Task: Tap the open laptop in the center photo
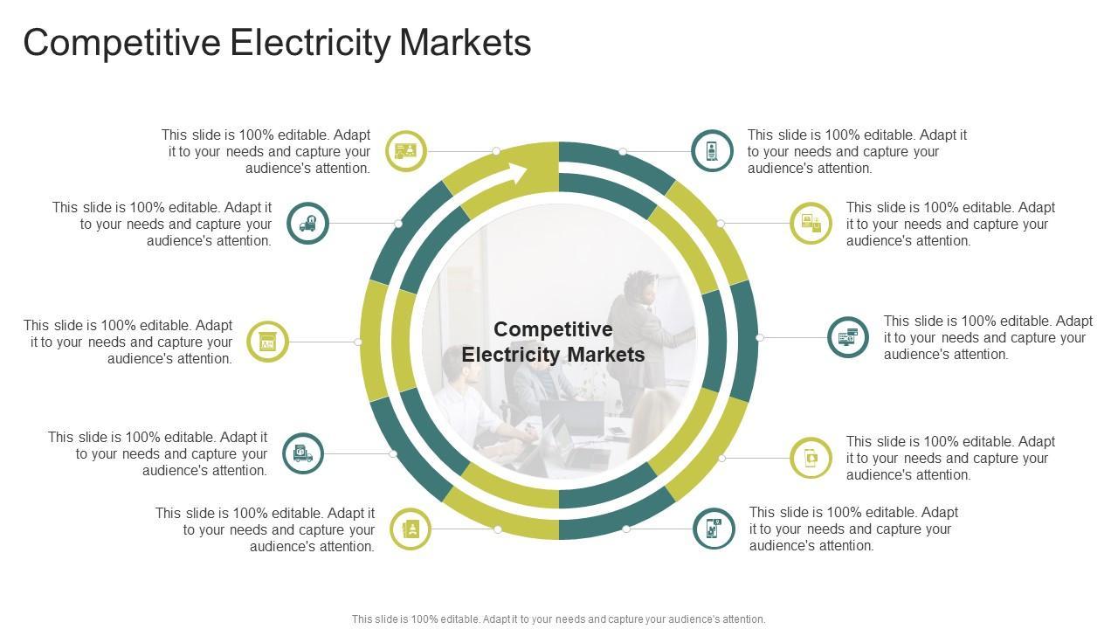[x=572, y=419]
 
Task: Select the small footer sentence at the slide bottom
[x=558, y=619]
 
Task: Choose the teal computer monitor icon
[x=847, y=337]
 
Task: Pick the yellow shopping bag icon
[x=811, y=223]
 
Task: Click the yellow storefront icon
[x=267, y=342]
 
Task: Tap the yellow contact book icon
[x=410, y=529]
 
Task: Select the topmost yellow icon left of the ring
[x=406, y=151]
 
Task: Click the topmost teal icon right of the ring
[x=712, y=151]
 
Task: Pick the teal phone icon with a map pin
[x=714, y=529]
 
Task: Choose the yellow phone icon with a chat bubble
[x=811, y=458]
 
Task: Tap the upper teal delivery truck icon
[x=307, y=223]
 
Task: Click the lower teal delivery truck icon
[x=303, y=453]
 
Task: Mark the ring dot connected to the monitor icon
[x=760, y=337]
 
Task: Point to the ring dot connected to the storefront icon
[x=358, y=342]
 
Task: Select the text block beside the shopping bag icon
[x=950, y=224]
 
